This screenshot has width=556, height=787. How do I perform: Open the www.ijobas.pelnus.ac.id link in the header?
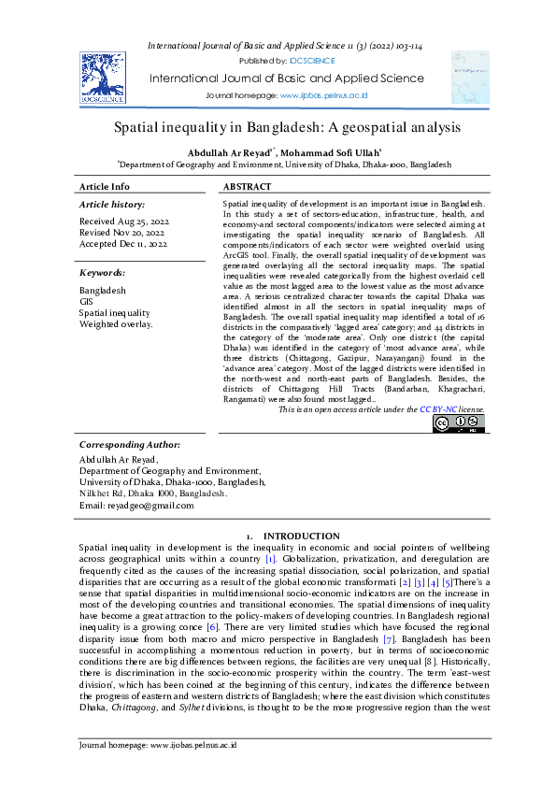[323, 96]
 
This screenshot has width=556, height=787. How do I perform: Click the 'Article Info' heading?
[105, 187]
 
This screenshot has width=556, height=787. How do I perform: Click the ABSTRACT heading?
[248, 187]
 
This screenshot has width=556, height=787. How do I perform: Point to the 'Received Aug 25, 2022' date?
[123, 222]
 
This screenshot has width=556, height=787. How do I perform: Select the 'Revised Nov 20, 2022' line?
[121, 233]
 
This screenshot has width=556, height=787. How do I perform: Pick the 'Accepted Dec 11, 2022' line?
[123, 244]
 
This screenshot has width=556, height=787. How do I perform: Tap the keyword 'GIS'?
[86, 302]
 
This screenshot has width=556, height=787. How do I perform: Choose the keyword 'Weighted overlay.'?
[116, 324]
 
